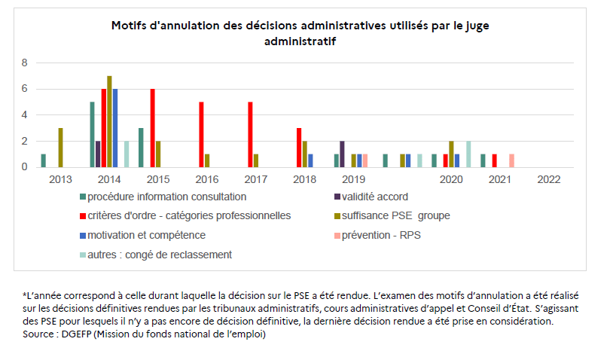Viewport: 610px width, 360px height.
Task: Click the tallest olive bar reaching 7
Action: pyautogui.click(x=109, y=121)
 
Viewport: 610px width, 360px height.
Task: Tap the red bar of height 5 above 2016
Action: pyautogui.click(x=201, y=134)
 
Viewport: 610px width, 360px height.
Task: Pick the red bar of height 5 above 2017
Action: pyautogui.click(x=250, y=134)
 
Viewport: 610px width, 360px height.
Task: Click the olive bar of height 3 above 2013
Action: pyautogui.click(x=60, y=148)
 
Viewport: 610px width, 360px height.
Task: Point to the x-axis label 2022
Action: pyautogui.click(x=549, y=180)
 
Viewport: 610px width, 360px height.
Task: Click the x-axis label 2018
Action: pyautogui.click(x=304, y=180)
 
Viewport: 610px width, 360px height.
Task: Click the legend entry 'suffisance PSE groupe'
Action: pyautogui.click(x=395, y=216)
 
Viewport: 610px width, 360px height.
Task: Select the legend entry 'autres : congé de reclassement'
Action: pyautogui.click(x=160, y=255)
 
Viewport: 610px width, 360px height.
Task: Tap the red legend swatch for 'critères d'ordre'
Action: pyautogui.click(x=81, y=216)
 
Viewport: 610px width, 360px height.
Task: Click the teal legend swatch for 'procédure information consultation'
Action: pyautogui.click(x=81, y=197)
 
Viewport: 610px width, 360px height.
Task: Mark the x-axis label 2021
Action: pyautogui.click(x=500, y=180)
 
